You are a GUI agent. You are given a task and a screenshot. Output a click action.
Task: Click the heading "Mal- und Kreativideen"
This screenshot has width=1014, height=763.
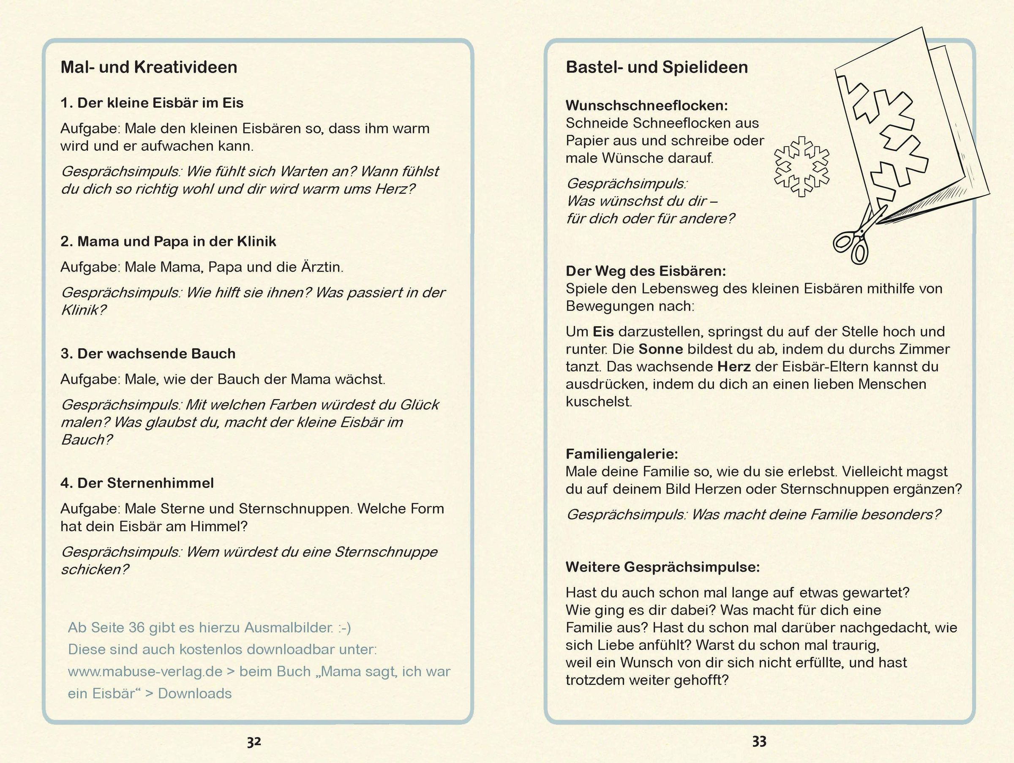[149, 67]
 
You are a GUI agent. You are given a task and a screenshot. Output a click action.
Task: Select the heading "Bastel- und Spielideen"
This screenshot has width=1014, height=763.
[657, 67]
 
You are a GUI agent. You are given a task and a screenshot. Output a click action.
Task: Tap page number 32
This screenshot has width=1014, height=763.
[254, 741]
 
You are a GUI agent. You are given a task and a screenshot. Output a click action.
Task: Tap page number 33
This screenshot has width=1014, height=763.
[759, 741]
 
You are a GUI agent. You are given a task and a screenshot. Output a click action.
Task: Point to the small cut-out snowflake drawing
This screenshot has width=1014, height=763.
[801, 166]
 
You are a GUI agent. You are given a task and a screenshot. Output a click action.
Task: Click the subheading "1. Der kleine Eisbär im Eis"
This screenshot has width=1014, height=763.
[152, 103]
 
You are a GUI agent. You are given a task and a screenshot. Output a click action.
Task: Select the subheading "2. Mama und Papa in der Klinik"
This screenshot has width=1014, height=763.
[168, 242]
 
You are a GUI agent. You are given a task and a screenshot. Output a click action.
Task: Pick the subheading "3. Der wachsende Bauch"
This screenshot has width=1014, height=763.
[147, 354]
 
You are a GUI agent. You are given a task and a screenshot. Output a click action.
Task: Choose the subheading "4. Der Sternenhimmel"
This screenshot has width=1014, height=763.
[137, 483]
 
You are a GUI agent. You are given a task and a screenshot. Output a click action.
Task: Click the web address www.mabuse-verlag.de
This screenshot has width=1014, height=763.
[145, 672]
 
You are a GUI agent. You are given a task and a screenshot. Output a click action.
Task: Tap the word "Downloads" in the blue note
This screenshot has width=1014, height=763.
[195, 694]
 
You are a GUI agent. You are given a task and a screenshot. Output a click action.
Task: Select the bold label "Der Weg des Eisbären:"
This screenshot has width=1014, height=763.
[646, 271]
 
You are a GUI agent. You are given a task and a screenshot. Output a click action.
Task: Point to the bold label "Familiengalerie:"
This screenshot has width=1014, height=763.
[621, 454]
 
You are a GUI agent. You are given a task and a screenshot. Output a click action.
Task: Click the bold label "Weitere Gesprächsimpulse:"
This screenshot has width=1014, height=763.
[662, 567]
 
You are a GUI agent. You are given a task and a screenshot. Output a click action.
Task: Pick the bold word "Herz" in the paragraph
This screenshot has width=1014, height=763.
[733, 367]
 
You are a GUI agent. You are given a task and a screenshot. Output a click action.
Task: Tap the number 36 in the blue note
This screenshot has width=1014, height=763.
[136, 628]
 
